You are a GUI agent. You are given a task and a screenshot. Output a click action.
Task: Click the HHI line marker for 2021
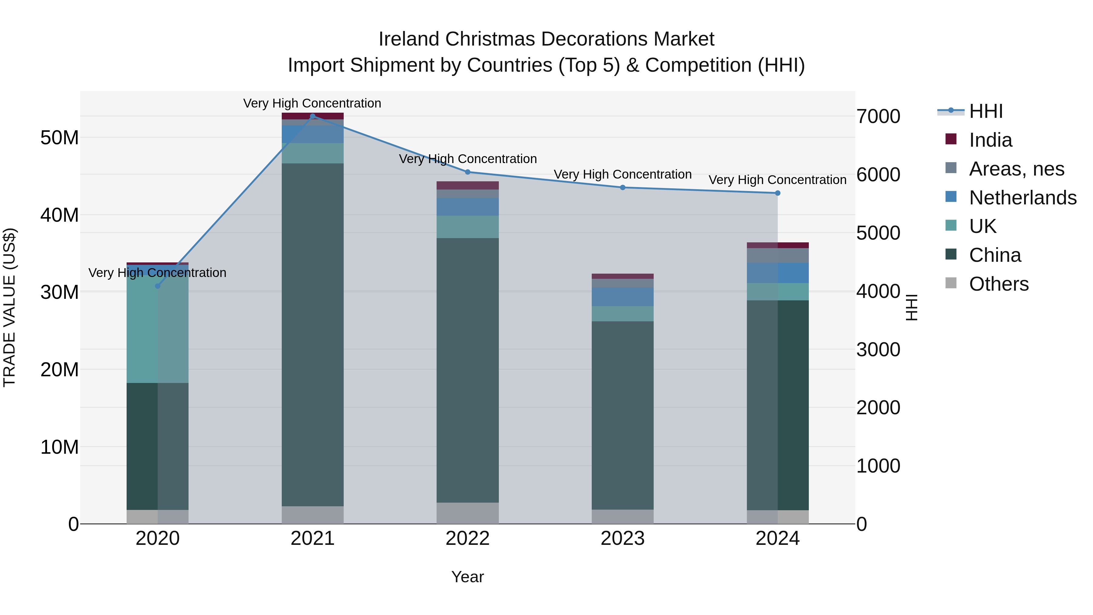coord(313,116)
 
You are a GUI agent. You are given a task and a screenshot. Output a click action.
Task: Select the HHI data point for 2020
coord(158,286)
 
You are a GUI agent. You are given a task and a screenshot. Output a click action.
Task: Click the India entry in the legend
coord(990,140)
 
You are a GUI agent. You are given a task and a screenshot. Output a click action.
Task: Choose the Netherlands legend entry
coord(1023,198)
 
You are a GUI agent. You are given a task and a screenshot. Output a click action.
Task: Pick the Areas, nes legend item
coord(1016,169)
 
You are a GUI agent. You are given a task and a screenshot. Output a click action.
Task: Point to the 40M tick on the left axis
coord(60,215)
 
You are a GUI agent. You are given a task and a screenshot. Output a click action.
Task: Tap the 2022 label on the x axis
coord(468,538)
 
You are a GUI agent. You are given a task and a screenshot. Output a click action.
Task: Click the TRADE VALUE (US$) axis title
coord(9,307)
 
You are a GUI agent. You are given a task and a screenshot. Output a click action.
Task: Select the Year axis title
coord(468,577)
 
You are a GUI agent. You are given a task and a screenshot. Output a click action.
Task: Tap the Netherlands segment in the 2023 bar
coord(622,297)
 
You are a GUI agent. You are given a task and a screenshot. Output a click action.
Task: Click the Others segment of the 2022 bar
coord(468,513)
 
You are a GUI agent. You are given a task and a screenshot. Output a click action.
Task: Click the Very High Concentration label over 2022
coord(468,159)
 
